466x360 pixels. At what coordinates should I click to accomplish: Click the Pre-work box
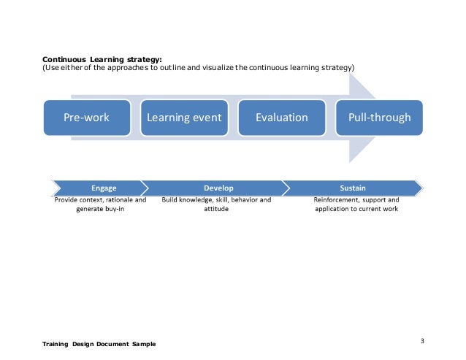click(x=86, y=118)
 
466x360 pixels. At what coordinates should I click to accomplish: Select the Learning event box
click(x=184, y=118)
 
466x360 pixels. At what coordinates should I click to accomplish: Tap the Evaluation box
click(x=282, y=118)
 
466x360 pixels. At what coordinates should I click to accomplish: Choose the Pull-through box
click(x=380, y=118)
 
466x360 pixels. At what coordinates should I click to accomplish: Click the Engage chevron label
click(x=103, y=188)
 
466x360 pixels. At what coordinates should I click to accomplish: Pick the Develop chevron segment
click(x=218, y=188)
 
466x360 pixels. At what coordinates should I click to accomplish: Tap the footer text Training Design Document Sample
click(x=99, y=344)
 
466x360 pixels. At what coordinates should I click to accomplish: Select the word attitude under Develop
click(x=216, y=209)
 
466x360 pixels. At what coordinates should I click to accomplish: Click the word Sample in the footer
click(x=143, y=344)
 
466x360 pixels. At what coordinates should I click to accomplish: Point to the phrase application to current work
click(x=356, y=209)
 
